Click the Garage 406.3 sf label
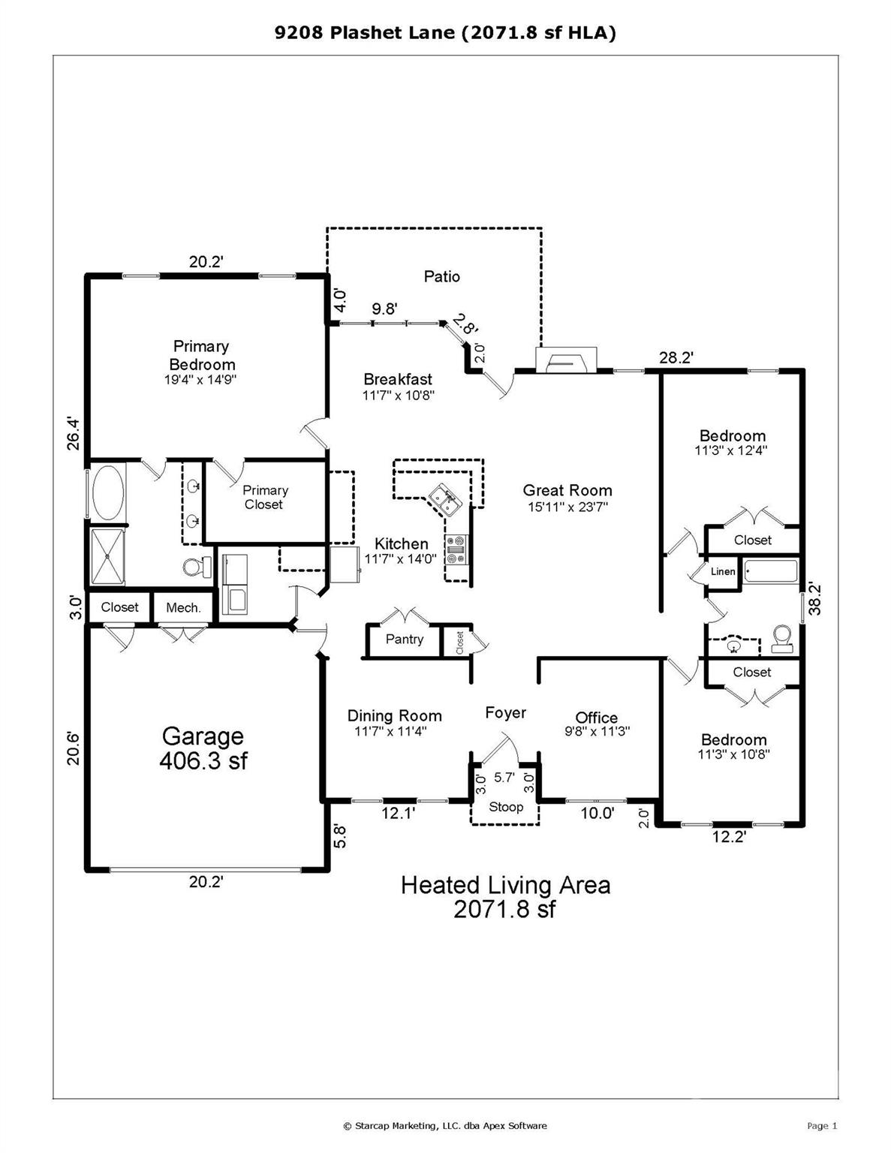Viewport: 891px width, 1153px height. [x=203, y=748]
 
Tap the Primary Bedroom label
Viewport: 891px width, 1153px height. [x=201, y=355]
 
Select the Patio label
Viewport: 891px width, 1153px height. [x=441, y=276]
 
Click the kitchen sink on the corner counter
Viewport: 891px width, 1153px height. [x=445, y=499]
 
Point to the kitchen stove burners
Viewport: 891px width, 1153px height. [x=456, y=549]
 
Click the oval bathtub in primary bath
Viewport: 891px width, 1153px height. [x=107, y=493]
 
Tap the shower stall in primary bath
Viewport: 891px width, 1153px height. [x=107, y=556]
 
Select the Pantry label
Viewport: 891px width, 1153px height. [x=404, y=639]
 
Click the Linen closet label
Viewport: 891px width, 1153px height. [x=723, y=571]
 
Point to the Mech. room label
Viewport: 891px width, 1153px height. [x=183, y=607]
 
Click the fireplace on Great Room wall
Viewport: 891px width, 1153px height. [x=566, y=360]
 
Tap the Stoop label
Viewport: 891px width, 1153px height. [x=505, y=807]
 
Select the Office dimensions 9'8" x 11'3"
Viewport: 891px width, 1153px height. [x=597, y=730]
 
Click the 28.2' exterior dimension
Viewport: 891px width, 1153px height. [x=676, y=358]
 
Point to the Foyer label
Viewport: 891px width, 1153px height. [x=505, y=712]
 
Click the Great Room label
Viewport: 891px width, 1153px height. [x=567, y=490]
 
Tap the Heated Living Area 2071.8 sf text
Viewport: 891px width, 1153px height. [x=505, y=896]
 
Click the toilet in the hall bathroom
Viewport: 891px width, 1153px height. [x=783, y=637]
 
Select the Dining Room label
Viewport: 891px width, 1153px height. [x=394, y=715]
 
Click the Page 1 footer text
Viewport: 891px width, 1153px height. [x=821, y=1125]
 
